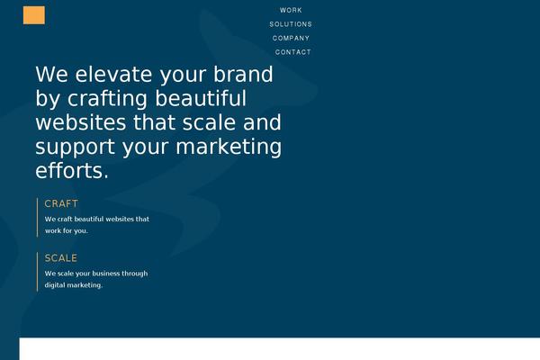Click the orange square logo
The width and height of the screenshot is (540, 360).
pos(34,15)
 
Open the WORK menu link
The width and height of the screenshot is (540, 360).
pos(291,10)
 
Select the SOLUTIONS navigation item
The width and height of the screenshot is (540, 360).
pos(291,24)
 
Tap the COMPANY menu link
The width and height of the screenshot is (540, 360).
pos(291,38)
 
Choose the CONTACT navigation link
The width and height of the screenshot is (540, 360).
pos(292,52)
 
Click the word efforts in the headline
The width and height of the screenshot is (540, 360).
pos(70,170)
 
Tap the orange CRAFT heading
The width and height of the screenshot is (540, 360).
pos(61,203)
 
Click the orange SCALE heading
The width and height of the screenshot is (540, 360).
pos(61,258)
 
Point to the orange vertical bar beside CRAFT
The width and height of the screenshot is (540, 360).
pos(38,217)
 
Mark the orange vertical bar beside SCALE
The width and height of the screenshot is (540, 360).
pos(38,272)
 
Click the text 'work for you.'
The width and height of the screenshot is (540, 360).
pos(67,230)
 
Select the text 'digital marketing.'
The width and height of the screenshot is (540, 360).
pos(74,285)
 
